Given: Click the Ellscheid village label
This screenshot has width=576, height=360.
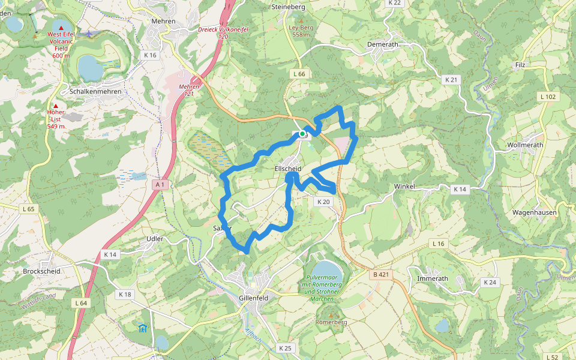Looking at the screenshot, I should point(287,169).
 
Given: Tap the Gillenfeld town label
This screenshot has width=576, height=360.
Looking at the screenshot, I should point(253,298).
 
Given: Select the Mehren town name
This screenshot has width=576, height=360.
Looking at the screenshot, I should point(163,21).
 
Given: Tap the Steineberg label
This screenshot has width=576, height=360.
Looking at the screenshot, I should point(289,7).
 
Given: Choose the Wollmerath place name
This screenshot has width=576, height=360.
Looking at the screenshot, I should point(525,145).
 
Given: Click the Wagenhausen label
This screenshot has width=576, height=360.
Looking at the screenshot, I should point(534,212).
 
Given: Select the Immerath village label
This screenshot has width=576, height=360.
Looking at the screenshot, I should point(432,278).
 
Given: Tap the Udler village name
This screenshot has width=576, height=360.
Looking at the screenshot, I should point(155,239).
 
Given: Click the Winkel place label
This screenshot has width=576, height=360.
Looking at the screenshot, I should point(404,187).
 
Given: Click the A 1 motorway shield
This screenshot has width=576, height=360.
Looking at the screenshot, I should point(159,185).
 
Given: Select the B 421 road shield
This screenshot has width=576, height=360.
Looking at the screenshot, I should point(381,275).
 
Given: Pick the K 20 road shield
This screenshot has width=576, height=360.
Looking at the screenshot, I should point(323,202).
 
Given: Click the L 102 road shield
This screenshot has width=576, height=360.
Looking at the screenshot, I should point(547,97).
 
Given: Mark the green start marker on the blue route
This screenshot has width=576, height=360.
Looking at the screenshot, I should point(303,133).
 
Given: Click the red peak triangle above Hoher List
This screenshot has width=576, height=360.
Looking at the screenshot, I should point(56,106).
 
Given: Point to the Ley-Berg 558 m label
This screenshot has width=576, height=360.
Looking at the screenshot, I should point(301,31).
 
